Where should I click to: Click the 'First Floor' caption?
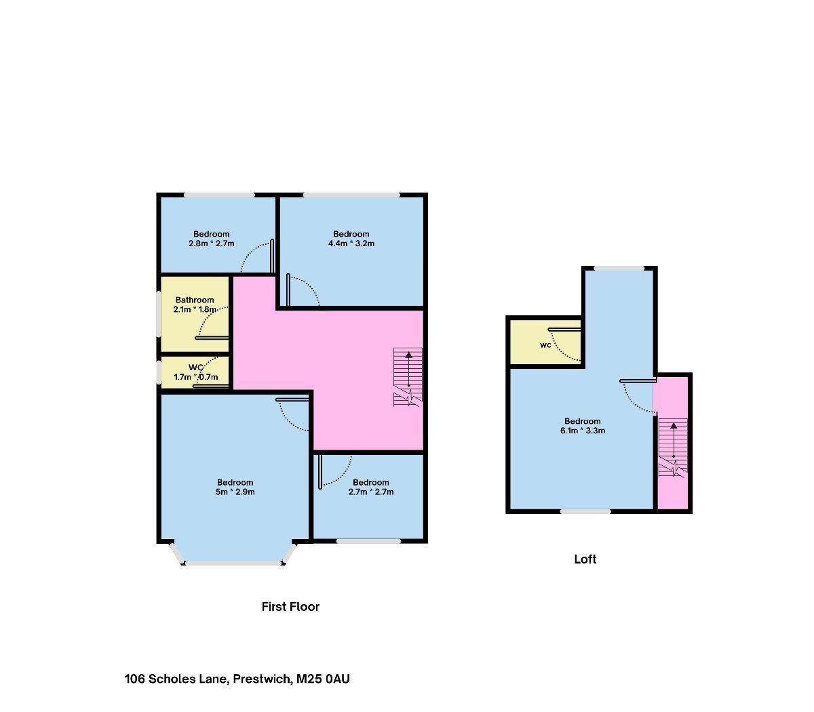290,607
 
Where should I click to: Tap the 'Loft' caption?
585,559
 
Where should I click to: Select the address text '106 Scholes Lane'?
176,679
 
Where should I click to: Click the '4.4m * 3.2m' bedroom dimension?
351,243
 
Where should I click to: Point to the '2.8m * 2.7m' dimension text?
211,243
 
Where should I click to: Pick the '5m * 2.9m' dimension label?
235,492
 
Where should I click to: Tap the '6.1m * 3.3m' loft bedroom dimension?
583,431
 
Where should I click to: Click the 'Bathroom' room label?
195,300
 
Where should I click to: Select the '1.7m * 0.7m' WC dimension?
196,377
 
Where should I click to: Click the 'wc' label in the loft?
545,345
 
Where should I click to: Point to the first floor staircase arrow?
408,369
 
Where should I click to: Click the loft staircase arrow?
673,440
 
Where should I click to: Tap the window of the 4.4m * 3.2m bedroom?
351,195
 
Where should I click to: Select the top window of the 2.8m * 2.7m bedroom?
219,195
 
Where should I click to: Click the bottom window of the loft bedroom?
585,511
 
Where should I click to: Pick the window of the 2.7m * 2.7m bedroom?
368,541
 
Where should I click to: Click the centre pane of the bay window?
233,563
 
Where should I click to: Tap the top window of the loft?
619,269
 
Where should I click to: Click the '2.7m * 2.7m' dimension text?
371,492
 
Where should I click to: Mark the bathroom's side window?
158,315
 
